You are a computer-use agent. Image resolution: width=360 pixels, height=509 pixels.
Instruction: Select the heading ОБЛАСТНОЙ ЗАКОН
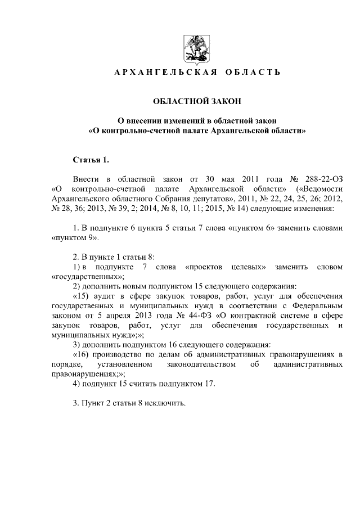click(x=197, y=101)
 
